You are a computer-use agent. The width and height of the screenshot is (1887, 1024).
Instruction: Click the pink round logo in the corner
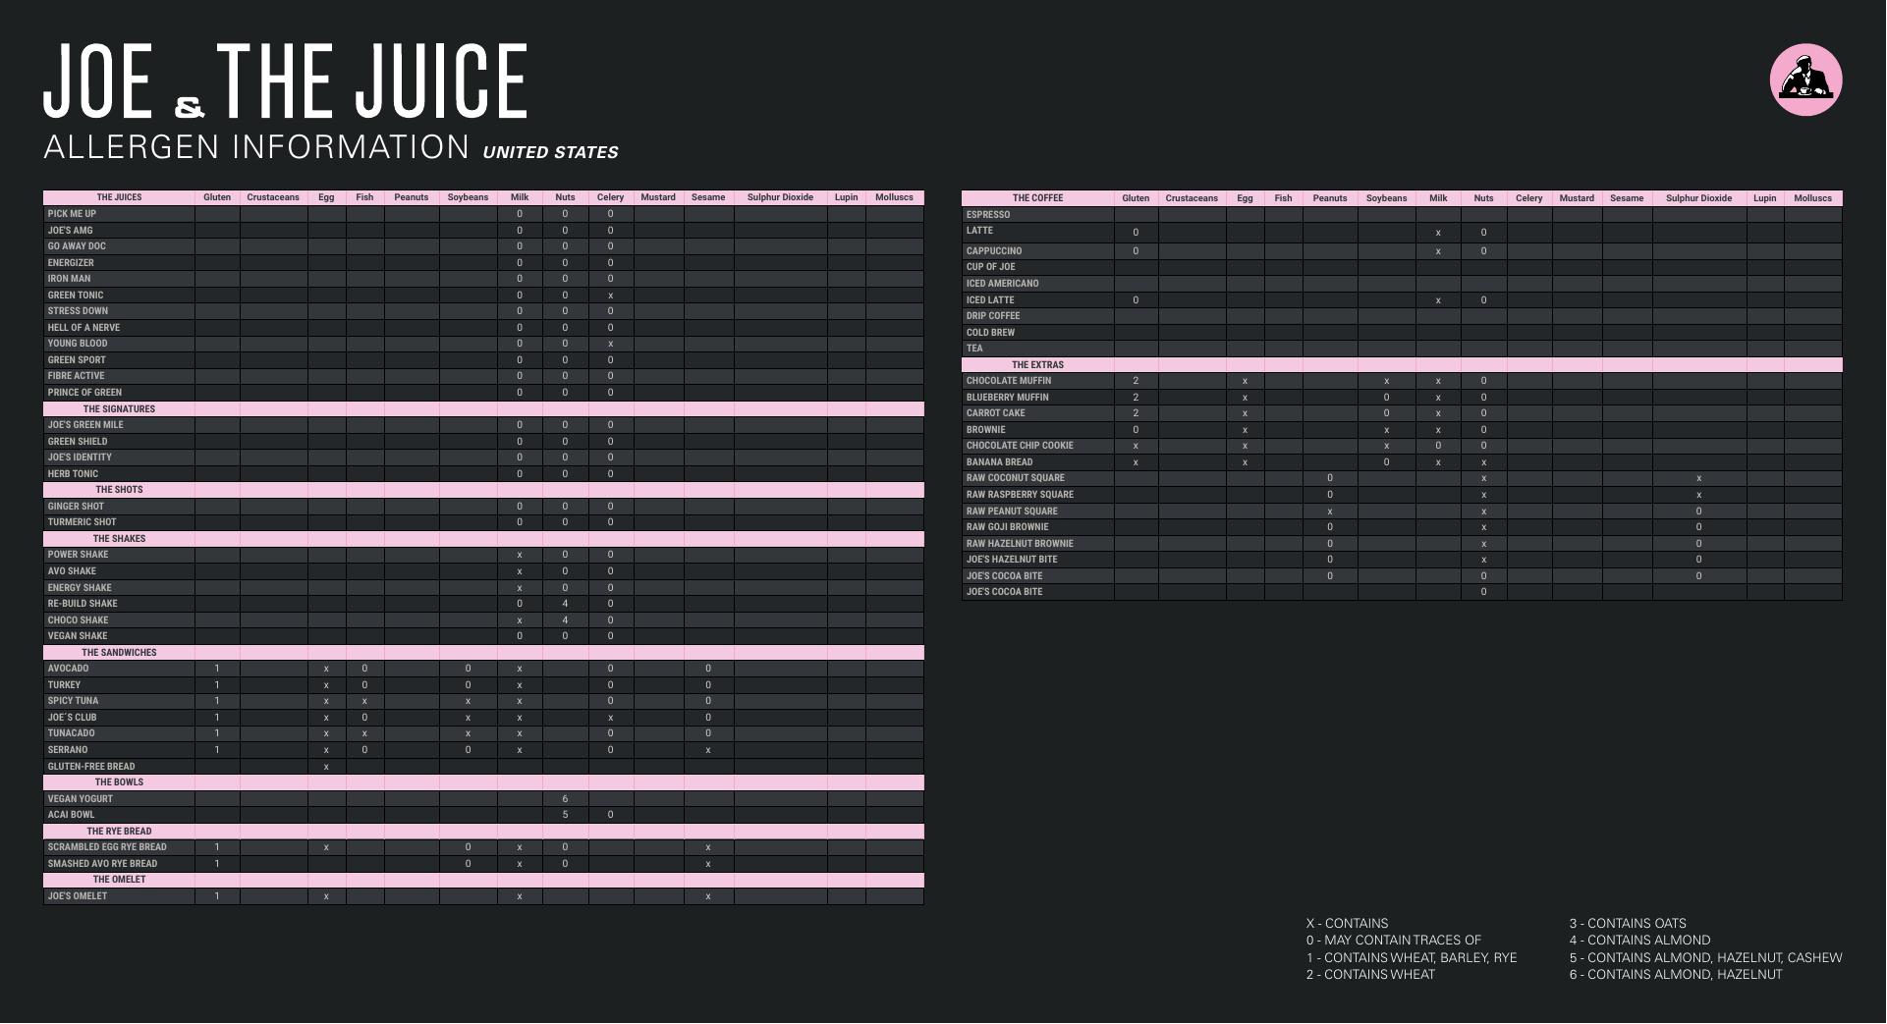(x=1805, y=80)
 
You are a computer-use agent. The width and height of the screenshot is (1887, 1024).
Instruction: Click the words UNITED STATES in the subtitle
(x=550, y=152)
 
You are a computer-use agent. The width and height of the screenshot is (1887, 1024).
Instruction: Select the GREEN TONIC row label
(x=76, y=296)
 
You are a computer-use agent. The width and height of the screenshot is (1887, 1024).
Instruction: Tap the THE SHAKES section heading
(x=119, y=539)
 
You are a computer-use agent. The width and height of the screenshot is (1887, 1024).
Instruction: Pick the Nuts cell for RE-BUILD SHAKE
(x=565, y=604)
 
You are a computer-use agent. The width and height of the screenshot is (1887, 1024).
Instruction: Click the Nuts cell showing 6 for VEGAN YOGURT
(x=565, y=799)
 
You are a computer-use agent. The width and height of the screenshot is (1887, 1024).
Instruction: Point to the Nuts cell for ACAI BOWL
(x=565, y=815)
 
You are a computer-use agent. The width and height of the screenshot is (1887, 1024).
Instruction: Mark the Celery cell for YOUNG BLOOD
(x=610, y=344)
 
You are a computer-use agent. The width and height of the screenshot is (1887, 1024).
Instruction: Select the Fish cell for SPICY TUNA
(x=364, y=701)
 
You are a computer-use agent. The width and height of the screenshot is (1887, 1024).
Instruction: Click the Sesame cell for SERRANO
(x=707, y=750)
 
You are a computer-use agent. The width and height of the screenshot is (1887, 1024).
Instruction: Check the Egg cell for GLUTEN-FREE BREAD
(x=326, y=767)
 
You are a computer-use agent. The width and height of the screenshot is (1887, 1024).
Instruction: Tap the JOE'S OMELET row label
(x=78, y=896)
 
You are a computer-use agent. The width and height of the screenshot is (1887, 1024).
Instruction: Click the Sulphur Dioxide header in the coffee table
(x=1698, y=198)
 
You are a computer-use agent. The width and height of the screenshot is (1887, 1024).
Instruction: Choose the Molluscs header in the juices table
(x=894, y=197)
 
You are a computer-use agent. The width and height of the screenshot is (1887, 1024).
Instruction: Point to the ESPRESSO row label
(x=987, y=215)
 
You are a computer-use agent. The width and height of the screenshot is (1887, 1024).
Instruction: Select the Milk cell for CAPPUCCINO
(x=1438, y=251)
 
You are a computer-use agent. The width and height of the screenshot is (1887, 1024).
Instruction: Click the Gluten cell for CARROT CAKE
(x=1136, y=413)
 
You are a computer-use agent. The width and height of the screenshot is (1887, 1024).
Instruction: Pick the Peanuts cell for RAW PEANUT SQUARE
(x=1330, y=512)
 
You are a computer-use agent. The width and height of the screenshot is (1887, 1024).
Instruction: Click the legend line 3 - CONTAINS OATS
(x=1627, y=924)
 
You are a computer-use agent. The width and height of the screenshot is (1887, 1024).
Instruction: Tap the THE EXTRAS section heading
(x=1037, y=365)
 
